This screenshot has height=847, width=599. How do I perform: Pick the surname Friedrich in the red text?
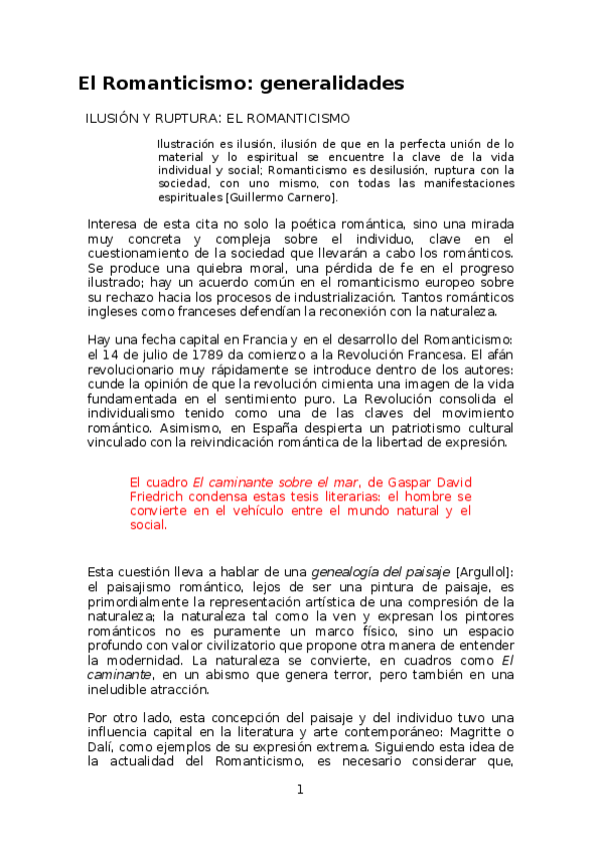click(x=162, y=496)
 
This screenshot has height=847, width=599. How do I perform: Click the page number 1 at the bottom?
click(x=299, y=789)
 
